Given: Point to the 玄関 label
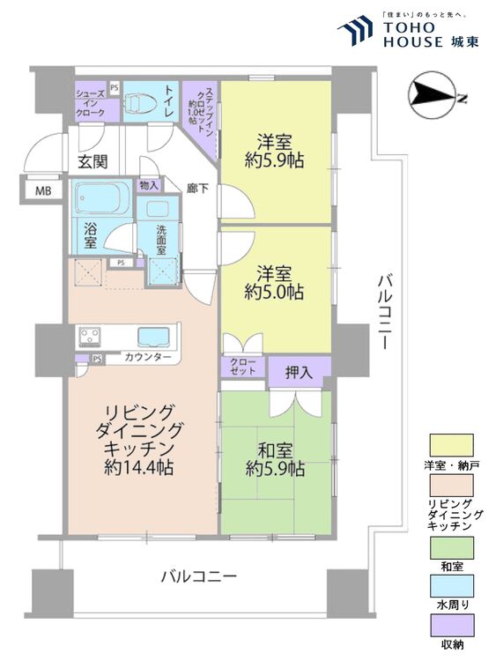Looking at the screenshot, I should point(92,161).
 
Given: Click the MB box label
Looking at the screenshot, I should point(42,190).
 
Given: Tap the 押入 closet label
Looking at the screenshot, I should point(299,374).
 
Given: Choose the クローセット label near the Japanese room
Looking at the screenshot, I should point(243,368).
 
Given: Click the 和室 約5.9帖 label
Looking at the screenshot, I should point(276,456).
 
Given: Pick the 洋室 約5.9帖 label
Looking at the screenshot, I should point(275,150).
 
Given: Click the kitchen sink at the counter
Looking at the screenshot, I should point(155,336).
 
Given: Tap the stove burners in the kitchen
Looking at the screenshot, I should point(91,336).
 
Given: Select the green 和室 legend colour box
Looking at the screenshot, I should point(451,547).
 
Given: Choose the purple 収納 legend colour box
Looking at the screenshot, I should point(451,625).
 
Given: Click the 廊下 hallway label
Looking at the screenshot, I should point(197,188).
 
